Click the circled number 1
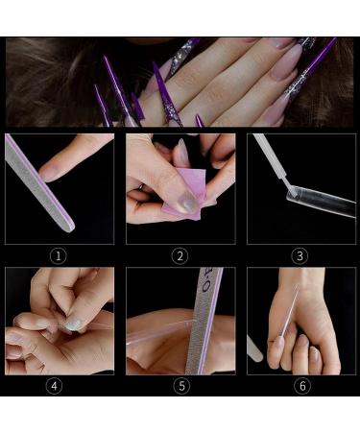coord(59,255)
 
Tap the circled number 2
coord(180,255)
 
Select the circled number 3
coord(300,255)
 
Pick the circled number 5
coord(180,388)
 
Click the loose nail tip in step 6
coord(254,348)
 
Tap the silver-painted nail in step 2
coord(189,204)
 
